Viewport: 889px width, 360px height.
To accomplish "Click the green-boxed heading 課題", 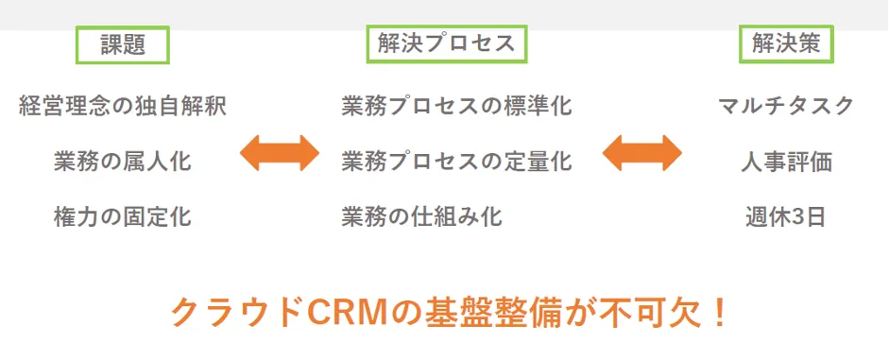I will coord(123,44).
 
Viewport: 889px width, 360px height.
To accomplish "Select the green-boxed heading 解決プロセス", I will coord(446,44).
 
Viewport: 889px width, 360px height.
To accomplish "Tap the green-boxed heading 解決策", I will coord(786,44).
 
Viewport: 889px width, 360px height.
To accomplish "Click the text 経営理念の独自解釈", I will coord(123,105).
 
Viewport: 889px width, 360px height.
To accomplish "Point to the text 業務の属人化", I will coord(123,161).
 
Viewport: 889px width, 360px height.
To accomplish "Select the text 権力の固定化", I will coord(123,216).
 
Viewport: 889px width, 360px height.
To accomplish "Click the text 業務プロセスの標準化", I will coord(456,105).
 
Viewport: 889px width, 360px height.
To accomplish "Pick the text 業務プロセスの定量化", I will coord(456,161).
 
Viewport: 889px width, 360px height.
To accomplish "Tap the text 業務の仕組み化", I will coord(422,216).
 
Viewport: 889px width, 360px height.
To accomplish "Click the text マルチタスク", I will coord(786,105).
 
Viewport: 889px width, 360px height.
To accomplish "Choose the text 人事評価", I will coord(786,161).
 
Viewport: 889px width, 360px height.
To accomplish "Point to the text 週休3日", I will coord(786,216).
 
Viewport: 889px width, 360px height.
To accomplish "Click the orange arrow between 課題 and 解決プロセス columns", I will coord(280,152).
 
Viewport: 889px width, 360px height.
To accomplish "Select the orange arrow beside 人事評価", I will coord(641,152).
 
